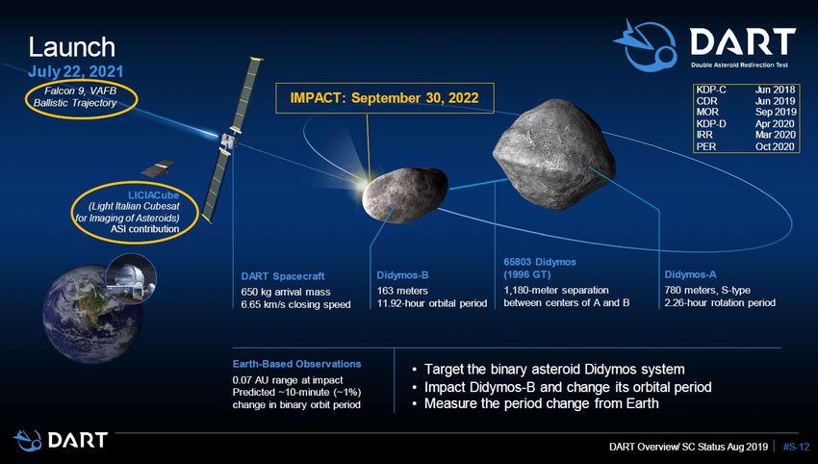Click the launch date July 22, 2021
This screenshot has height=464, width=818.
pos(76,71)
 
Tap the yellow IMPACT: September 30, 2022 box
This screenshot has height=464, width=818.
pos(385,97)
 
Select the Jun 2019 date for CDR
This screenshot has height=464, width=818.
pos(776,101)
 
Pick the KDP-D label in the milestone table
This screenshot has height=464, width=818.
pos(710,123)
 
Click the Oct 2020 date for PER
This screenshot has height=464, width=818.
pos(776,146)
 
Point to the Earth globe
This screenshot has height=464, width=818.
pos(92,314)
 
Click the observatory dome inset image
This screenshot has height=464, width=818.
pos(131,279)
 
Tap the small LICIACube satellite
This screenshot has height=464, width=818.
pos(157,168)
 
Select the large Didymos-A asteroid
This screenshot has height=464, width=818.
pos(553,154)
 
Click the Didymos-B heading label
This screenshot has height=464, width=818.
pos(402,275)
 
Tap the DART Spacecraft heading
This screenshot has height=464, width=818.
pos(283,276)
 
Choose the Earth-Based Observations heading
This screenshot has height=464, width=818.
pos(296,364)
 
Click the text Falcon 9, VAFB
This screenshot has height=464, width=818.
pos(80,90)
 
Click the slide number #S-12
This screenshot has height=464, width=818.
pos(796,447)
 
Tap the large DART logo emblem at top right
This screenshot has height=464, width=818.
pos(645,45)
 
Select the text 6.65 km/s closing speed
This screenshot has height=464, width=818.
pos(295,304)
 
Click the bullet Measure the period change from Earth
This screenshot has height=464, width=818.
pos(542,403)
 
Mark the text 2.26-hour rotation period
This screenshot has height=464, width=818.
pos(720,302)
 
